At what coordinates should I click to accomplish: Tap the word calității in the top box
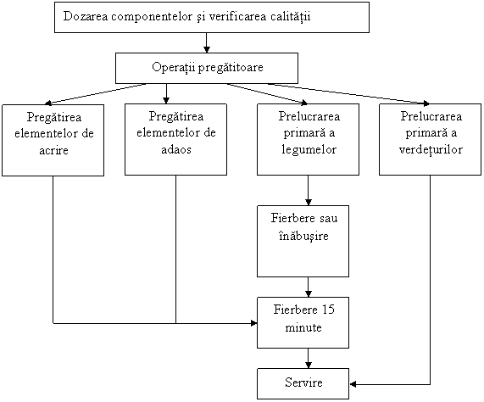pos(290,16)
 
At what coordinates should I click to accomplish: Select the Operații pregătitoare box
pos(207,68)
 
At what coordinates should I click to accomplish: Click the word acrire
pos(53,150)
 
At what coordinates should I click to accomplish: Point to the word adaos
pos(176,149)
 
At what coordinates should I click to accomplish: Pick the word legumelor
pos(309,150)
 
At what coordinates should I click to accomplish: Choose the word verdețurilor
pos(431,149)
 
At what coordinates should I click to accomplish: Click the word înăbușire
pos(303,237)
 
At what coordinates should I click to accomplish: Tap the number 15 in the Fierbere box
pos(328,310)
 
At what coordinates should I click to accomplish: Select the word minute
pos(303,327)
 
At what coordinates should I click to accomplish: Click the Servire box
pos(303,383)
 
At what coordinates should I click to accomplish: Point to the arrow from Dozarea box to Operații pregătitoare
pos(207,42)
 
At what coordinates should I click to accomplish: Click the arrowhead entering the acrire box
pos(47,103)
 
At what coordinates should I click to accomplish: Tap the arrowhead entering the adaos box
pos(166,100)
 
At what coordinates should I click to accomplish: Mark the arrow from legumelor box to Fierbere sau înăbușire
pos(308,190)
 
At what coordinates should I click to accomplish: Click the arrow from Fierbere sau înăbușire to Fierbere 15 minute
pos(308,288)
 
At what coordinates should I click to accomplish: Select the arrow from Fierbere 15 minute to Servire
pos(308,358)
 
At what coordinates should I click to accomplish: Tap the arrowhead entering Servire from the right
pos(353,384)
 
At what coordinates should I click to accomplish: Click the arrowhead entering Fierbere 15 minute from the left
pos(253,323)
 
